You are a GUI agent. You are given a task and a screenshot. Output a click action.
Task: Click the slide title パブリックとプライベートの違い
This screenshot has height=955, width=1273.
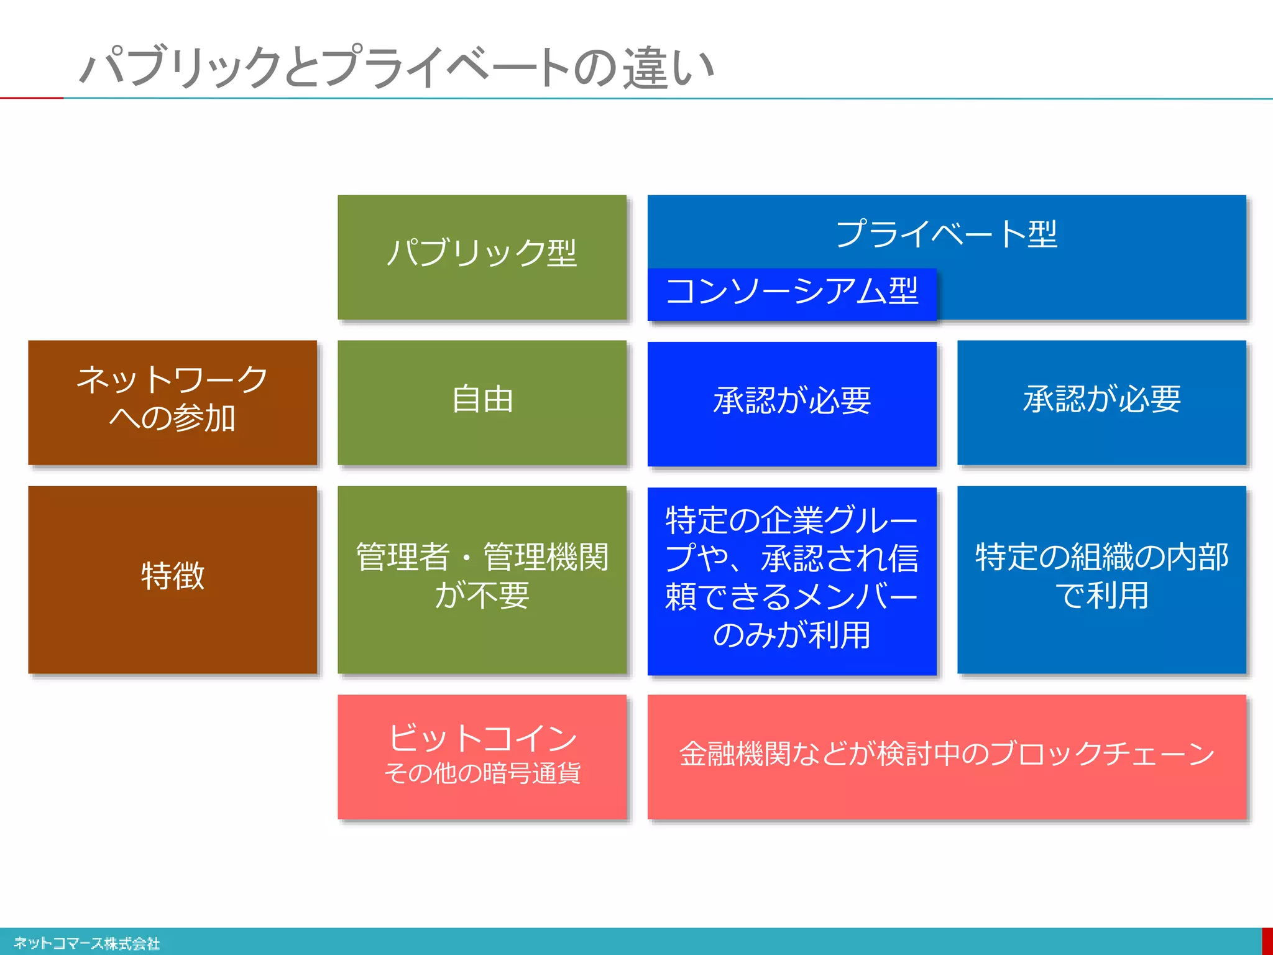398,67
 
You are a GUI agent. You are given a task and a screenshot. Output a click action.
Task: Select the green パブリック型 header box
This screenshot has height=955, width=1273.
482,257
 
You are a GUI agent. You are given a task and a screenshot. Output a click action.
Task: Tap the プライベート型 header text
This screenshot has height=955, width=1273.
946,234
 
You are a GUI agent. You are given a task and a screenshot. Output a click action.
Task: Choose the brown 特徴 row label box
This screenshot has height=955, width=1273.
172,579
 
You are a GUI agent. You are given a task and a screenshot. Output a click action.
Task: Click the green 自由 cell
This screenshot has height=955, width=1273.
482,402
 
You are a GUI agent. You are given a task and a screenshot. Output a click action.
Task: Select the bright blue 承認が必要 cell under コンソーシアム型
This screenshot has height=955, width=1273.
791,403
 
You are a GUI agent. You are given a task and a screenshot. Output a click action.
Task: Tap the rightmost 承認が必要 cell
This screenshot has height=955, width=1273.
1101,402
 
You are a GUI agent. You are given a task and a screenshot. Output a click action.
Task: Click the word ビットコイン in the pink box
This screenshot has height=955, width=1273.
482,739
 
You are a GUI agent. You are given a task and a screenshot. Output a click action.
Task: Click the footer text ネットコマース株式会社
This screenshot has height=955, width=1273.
86,943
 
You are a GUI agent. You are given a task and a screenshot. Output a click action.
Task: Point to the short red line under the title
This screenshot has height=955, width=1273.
31,98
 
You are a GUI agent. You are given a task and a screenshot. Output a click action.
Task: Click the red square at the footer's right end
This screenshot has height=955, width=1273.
1267,941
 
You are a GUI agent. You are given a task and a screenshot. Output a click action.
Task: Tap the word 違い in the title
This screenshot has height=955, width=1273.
668,68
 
